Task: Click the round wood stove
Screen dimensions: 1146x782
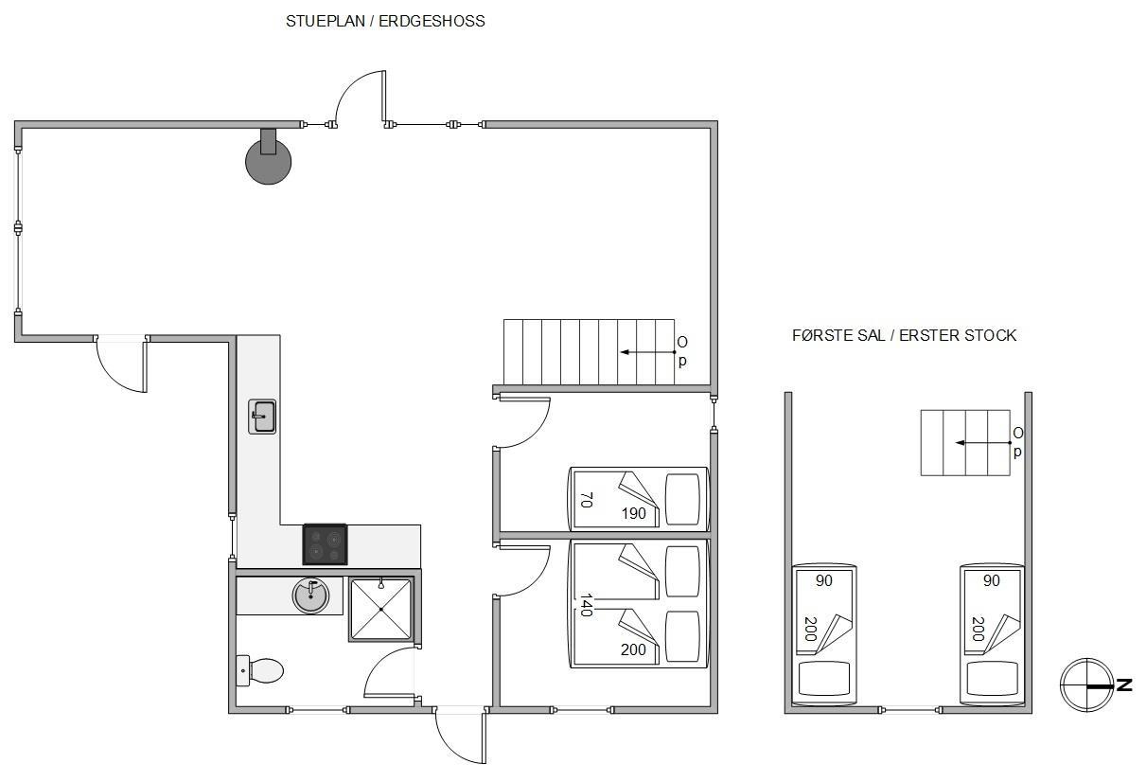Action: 269,161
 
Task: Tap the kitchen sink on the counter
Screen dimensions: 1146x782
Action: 262,417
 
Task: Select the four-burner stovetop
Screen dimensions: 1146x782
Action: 325,544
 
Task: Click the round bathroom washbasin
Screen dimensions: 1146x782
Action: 310,595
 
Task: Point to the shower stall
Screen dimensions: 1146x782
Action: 381,609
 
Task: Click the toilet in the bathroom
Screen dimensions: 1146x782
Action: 260,670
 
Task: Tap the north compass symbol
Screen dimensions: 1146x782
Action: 1086,685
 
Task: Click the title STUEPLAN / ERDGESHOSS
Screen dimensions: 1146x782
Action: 385,21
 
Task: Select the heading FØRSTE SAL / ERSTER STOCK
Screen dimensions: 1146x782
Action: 904,335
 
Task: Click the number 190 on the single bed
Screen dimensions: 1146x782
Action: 633,513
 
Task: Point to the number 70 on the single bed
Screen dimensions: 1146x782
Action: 587,500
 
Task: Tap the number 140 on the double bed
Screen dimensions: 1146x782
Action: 587,606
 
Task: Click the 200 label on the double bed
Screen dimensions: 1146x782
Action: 633,649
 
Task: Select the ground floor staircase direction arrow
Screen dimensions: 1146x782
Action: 647,352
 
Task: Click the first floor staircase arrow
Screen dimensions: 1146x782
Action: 983,443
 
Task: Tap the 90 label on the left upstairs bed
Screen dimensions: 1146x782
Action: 823,580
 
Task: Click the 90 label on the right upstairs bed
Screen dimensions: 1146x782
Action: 992,580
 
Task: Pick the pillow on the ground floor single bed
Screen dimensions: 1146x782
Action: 682,500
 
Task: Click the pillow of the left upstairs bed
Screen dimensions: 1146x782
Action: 823,678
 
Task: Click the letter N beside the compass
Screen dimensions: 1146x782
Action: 1124,685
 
